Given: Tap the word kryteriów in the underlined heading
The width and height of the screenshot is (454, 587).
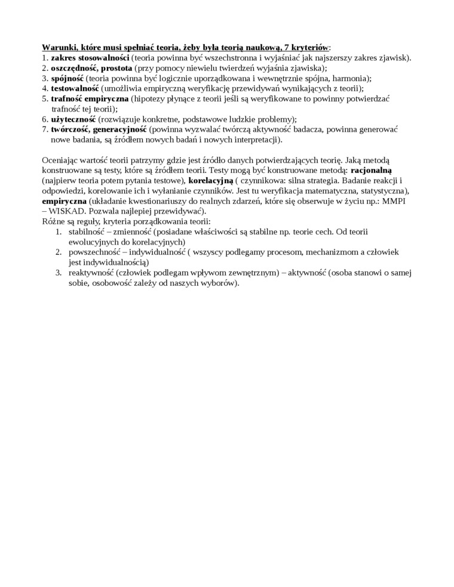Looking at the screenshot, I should [306, 47].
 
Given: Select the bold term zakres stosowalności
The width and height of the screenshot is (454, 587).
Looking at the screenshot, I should [90, 58].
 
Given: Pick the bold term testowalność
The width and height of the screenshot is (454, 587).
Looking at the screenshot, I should [75, 89].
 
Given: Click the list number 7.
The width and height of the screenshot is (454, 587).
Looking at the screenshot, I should [44, 129].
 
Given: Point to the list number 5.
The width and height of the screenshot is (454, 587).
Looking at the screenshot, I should [44, 99].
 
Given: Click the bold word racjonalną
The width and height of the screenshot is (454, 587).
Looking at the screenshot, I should [371, 171].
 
